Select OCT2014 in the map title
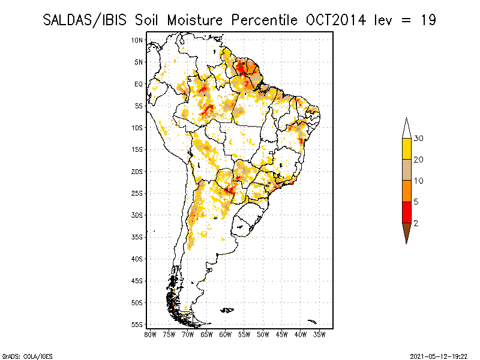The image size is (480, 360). [336, 20]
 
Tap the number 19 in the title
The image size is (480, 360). [427, 20]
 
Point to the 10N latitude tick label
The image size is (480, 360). [137, 40]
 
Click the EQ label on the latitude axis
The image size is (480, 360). [139, 84]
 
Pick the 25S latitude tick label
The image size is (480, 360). [137, 193]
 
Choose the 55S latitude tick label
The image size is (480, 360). [137, 325]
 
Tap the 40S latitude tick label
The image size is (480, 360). [137, 259]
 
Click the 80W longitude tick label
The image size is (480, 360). [150, 334]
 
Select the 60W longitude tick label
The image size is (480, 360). [226, 334]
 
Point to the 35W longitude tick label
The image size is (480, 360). [320, 334]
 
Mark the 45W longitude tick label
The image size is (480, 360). [282, 334]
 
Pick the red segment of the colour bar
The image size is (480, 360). [406, 212]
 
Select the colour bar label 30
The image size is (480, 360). [419, 139]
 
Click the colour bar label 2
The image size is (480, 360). [416, 223]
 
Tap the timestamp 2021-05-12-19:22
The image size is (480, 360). [440, 355]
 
